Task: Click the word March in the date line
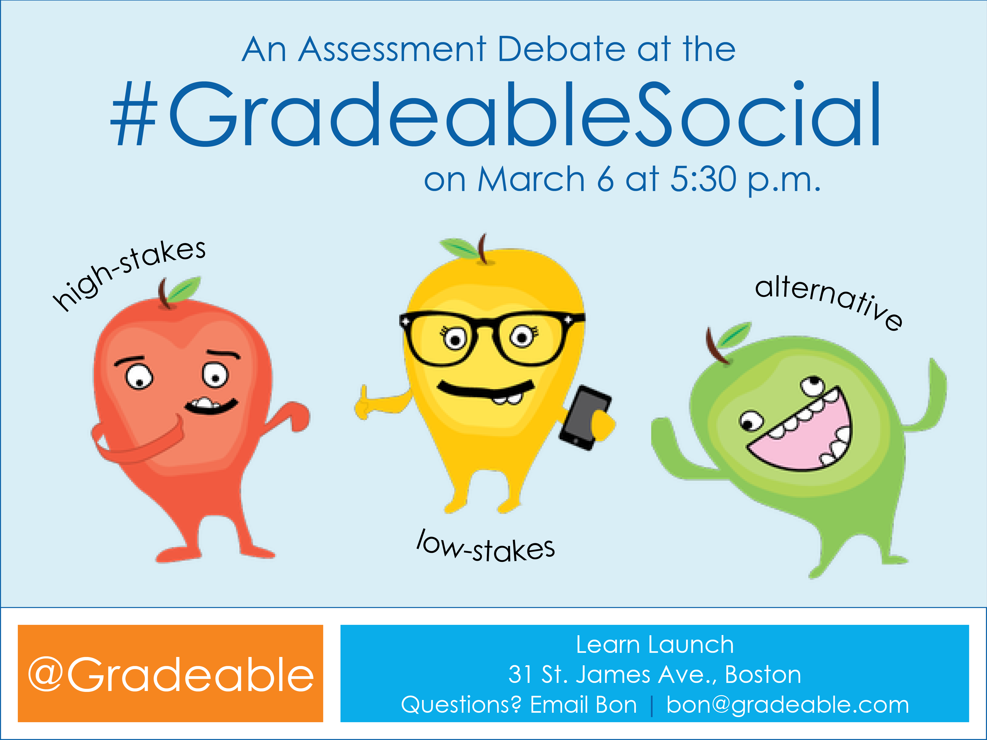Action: tap(531, 179)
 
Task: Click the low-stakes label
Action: tap(486, 545)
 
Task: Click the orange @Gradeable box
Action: tap(170, 674)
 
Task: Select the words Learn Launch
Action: tap(655, 644)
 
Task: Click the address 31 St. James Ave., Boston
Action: tap(655, 674)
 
